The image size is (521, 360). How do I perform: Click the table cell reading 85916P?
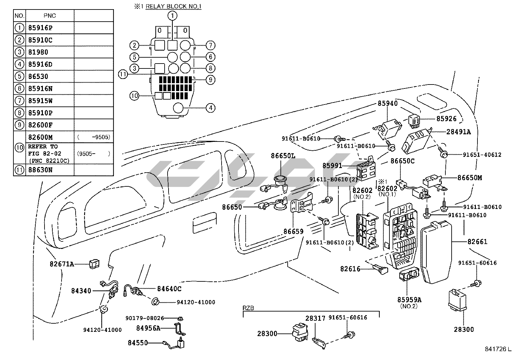pos(40,28)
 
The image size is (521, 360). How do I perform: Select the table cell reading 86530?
pos(38,77)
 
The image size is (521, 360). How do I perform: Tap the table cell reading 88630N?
pos(40,170)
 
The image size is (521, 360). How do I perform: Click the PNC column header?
pos(49,16)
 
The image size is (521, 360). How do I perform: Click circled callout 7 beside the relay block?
pos(210,45)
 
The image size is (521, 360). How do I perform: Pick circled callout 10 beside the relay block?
pos(134,96)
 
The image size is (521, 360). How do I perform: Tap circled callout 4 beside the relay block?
pos(210,107)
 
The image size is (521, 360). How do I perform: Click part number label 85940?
pos(388,104)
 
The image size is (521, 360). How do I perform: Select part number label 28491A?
pos(458,132)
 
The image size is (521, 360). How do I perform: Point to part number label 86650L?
pos(283,156)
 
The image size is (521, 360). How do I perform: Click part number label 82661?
pos(477,242)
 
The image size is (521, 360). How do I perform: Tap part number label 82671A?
pos(62,264)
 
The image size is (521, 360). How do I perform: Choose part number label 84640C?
pos(169,289)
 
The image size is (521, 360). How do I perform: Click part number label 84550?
pos(138,343)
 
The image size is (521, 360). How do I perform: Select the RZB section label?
pos(248,308)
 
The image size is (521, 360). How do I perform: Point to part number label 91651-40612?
pos(482,155)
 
